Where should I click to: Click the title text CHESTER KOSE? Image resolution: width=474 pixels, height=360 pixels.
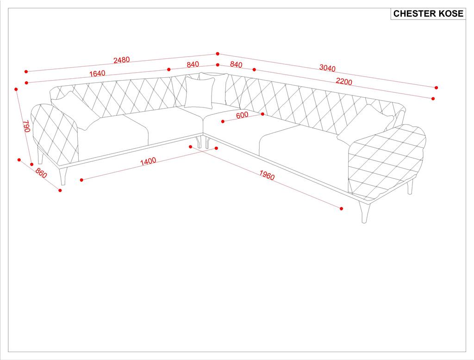coord(428,14)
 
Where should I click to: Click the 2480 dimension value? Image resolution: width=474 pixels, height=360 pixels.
coord(122,60)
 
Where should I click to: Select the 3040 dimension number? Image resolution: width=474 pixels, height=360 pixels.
coord(327,68)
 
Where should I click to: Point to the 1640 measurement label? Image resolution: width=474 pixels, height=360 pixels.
coord(97,73)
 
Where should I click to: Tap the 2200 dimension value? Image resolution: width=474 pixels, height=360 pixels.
coord(344,82)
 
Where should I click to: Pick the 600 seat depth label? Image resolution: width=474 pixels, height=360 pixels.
coord(242,115)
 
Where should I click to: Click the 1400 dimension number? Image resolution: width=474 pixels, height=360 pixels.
coord(148,161)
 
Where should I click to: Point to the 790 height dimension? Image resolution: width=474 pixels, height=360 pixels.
coord(26,127)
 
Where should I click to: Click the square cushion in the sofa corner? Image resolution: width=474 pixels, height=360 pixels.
coord(200,92)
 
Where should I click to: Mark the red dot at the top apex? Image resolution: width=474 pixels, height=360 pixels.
coord(218,54)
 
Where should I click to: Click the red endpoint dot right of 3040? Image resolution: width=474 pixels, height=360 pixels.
coord(436,88)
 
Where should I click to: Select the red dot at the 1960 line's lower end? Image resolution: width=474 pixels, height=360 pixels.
coord(342,209)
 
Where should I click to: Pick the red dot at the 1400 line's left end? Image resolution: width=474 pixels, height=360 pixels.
coord(81,180)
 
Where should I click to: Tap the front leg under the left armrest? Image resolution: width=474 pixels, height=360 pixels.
coord(63,176)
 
